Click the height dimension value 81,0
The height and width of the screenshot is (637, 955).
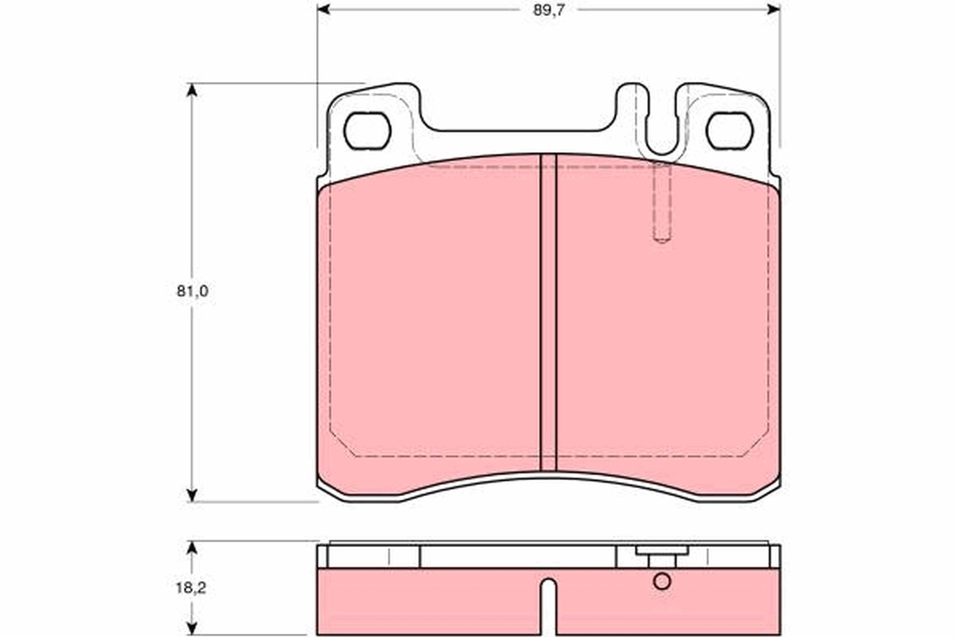tap(192, 291)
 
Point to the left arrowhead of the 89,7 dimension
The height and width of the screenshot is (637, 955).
tap(323, 9)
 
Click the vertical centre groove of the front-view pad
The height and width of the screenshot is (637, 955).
tap(548, 318)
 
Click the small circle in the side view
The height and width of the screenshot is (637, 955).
tap(662, 581)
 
